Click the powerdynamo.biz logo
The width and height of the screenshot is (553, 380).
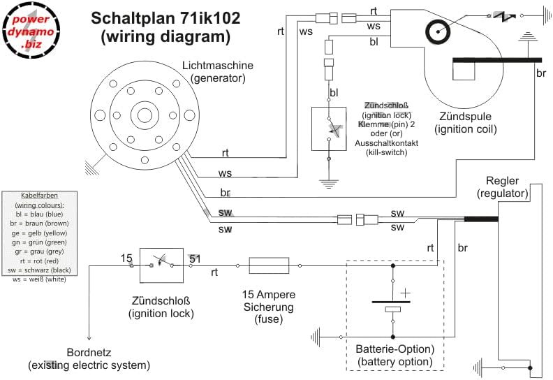(31, 32)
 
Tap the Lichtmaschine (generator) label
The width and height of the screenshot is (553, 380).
(218, 72)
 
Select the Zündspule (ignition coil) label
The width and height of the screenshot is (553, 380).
(465, 122)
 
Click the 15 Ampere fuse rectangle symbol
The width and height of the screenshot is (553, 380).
(269, 265)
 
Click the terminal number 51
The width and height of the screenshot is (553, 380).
(196, 259)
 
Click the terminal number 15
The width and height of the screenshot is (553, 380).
(126, 259)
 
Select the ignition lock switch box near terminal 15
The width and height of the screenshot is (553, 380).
(161, 265)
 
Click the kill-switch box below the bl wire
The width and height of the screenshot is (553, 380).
(329, 129)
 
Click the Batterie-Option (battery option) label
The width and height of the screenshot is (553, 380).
(395, 355)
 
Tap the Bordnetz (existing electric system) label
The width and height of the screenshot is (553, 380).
(89, 358)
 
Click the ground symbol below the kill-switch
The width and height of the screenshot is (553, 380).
(329, 183)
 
